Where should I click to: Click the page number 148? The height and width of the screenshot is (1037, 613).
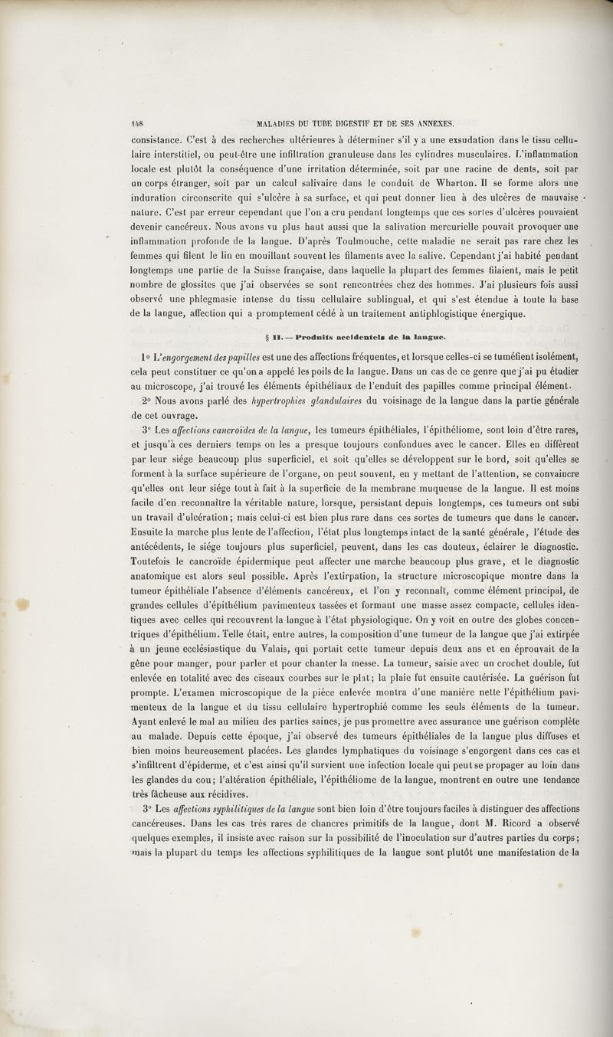pos(139,121)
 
